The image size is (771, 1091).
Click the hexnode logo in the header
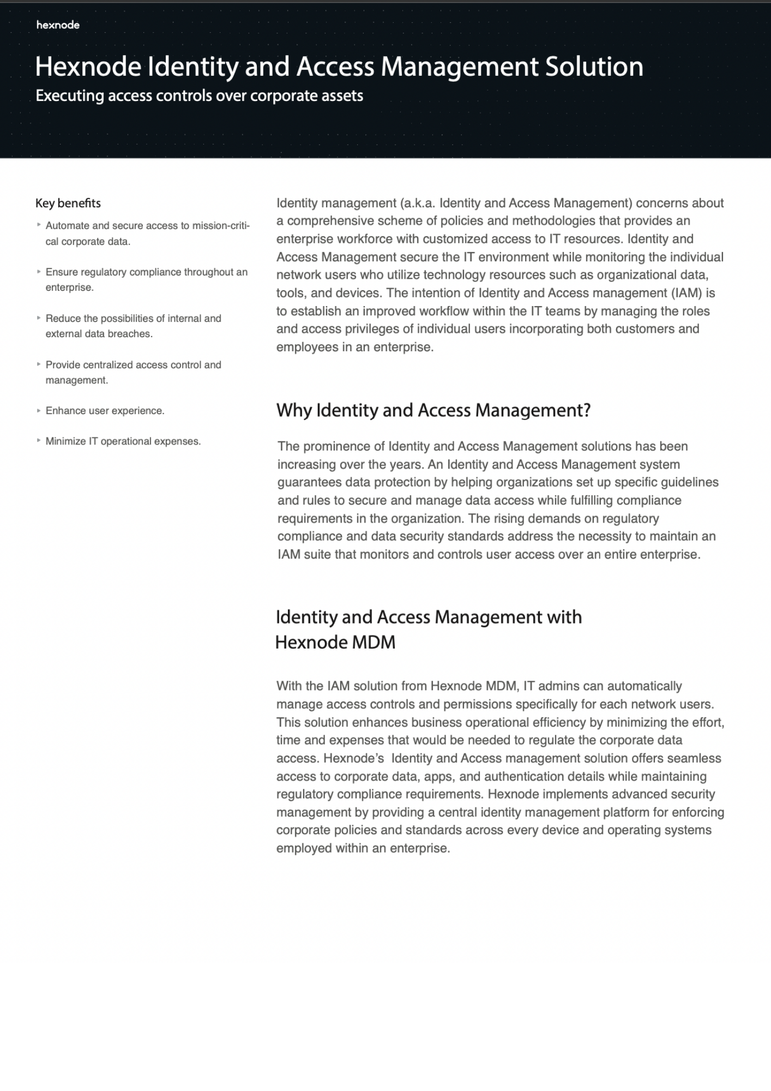pyautogui.click(x=58, y=25)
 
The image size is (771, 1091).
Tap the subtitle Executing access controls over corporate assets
pyautogui.click(x=199, y=96)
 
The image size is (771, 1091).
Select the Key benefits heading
pyautogui.click(x=68, y=203)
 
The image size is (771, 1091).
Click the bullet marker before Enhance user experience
pyautogui.click(x=39, y=410)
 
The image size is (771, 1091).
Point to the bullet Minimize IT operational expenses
pyautogui.click(x=123, y=441)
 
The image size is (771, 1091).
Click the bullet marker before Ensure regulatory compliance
pyautogui.click(x=39, y=271)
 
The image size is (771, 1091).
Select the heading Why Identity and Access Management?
pyautogui.click(x=433, y=410)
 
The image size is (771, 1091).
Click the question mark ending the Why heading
pyautogui.click(x=586, y=410)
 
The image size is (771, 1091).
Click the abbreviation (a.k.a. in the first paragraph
pyautogui.click(x=418, y=203)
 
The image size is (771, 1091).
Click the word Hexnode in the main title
pyautogui.click(x=88, y=67)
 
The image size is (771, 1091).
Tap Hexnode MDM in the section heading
pyautogui.click(x=335, y=642)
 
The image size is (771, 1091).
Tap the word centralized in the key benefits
pyautogui.click(x=101, y=364)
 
